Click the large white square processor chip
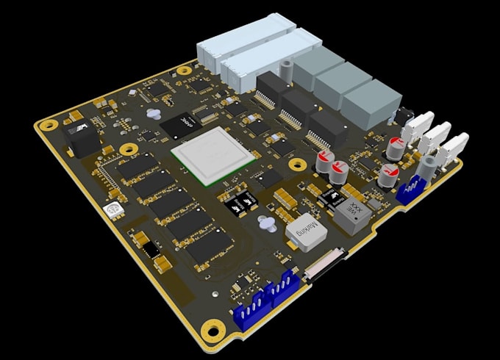(213, 156)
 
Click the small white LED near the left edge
(113, 212)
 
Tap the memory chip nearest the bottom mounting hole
(209, 245)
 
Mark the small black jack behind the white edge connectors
(403, 115)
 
